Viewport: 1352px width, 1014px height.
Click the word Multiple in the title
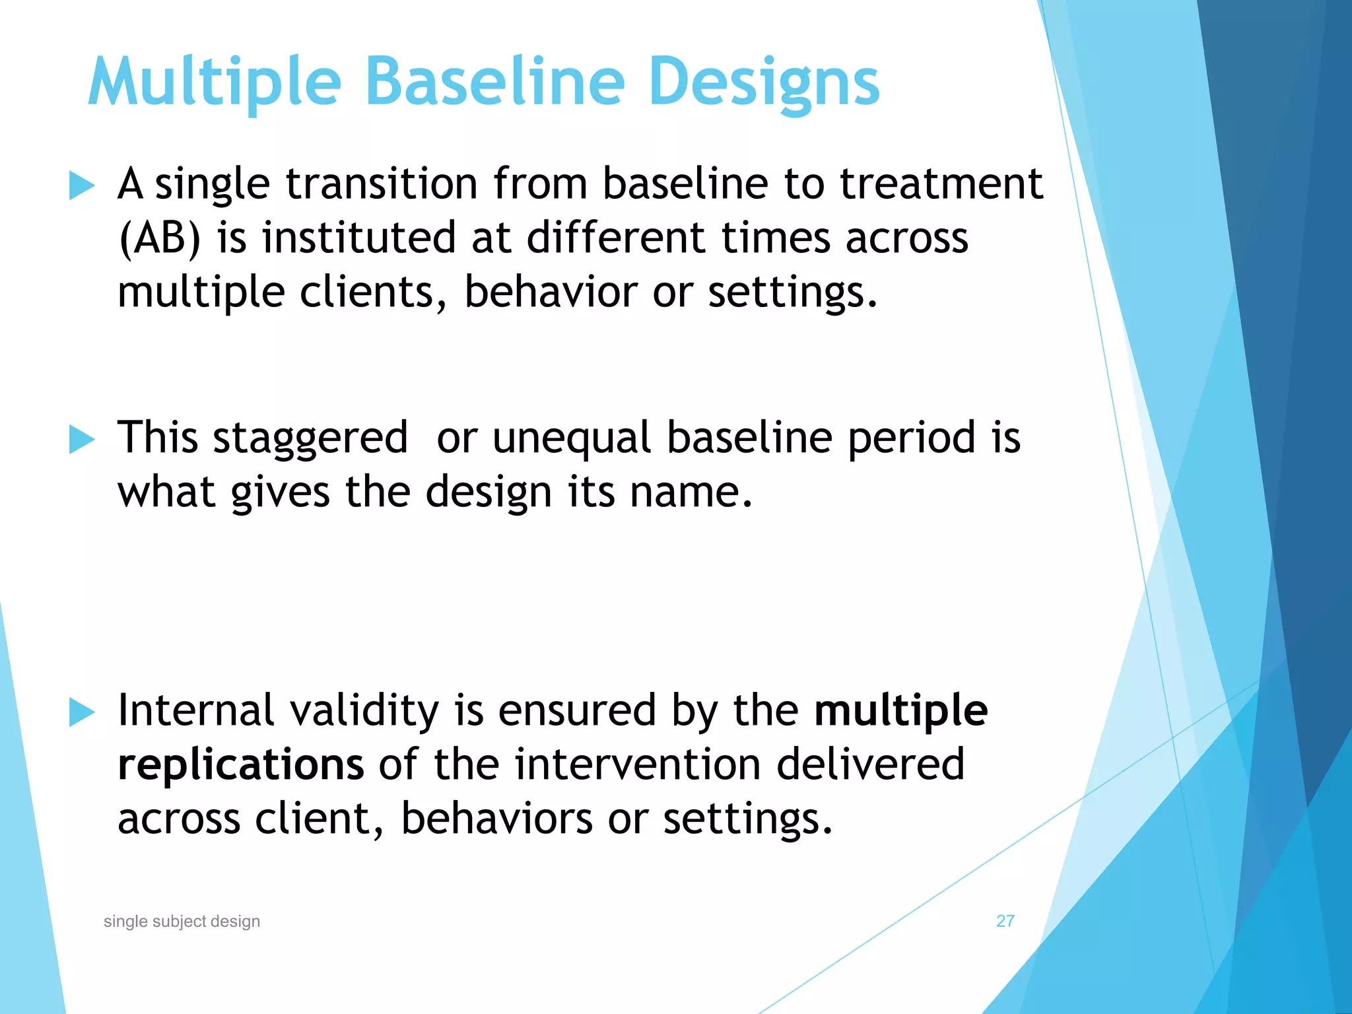click(x=215, y=83)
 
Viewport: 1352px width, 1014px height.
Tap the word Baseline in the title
click(x=494, y=83)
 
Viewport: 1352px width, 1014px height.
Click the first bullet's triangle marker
click(x=82, y=186)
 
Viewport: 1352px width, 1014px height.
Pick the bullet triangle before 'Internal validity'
click(x=82, y=713)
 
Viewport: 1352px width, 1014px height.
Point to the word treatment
click(x=941, y=184)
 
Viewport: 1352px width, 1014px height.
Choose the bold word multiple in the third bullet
click(x=900, y=712)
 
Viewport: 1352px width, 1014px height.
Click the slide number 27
click(x=1005, y=921)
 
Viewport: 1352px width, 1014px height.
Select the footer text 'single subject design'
click(x=182, y=922)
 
